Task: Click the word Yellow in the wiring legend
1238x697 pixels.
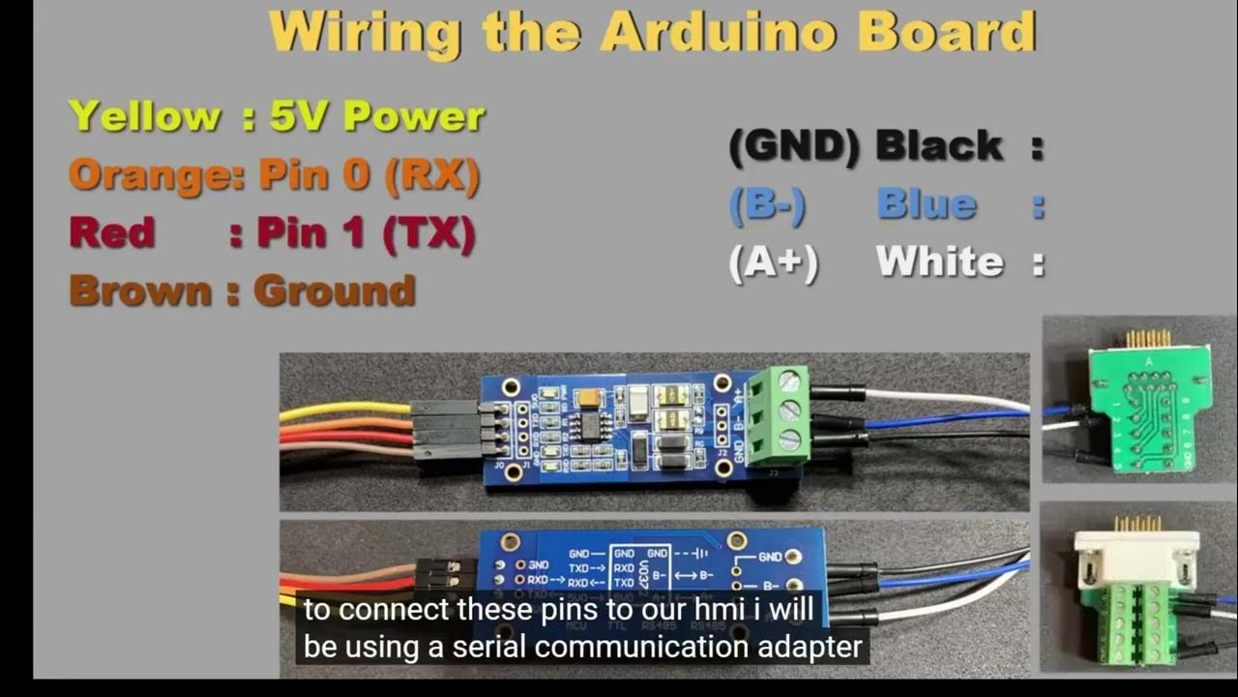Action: point(145,116)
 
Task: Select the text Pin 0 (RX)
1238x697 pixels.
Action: point(369,175)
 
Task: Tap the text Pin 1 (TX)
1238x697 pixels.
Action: point(366,233)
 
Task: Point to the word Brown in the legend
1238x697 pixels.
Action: point(140,291)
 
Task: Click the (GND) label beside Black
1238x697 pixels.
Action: point(793,146)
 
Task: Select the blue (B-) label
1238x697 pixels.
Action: point(767,205)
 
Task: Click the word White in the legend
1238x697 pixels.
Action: point(939,262)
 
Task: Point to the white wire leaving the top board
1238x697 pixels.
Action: point(948,398)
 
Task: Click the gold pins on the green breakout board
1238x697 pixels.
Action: point(1148,338)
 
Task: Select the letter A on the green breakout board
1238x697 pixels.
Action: point(1147,362)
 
